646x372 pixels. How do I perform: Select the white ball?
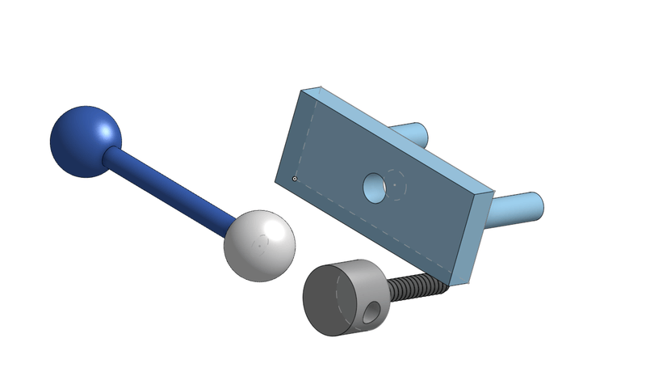click(258, 246)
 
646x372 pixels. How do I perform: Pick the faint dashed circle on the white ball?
click(260, 243)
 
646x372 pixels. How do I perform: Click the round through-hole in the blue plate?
click(374, 188)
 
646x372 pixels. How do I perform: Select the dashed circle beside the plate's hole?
click(396, 184)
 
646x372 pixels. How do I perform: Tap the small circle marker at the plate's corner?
click(295, 178)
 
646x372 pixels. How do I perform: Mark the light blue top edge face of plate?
click(404, 133)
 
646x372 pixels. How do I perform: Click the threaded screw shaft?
click(416, 285)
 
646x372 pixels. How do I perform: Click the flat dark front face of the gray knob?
click(327, 299)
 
